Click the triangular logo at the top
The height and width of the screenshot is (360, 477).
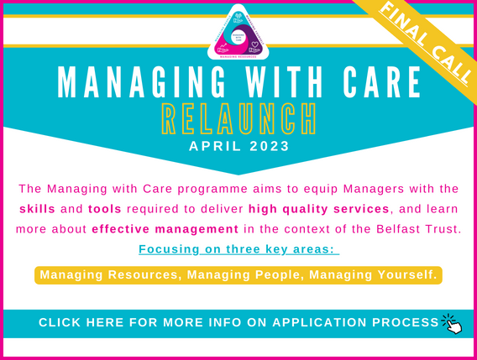239,33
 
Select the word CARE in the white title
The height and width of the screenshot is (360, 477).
378,86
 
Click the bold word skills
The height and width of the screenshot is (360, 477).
36,207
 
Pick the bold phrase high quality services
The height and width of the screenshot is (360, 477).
319,207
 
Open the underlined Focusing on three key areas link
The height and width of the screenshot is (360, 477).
238,249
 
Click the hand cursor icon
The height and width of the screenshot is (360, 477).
453,324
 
